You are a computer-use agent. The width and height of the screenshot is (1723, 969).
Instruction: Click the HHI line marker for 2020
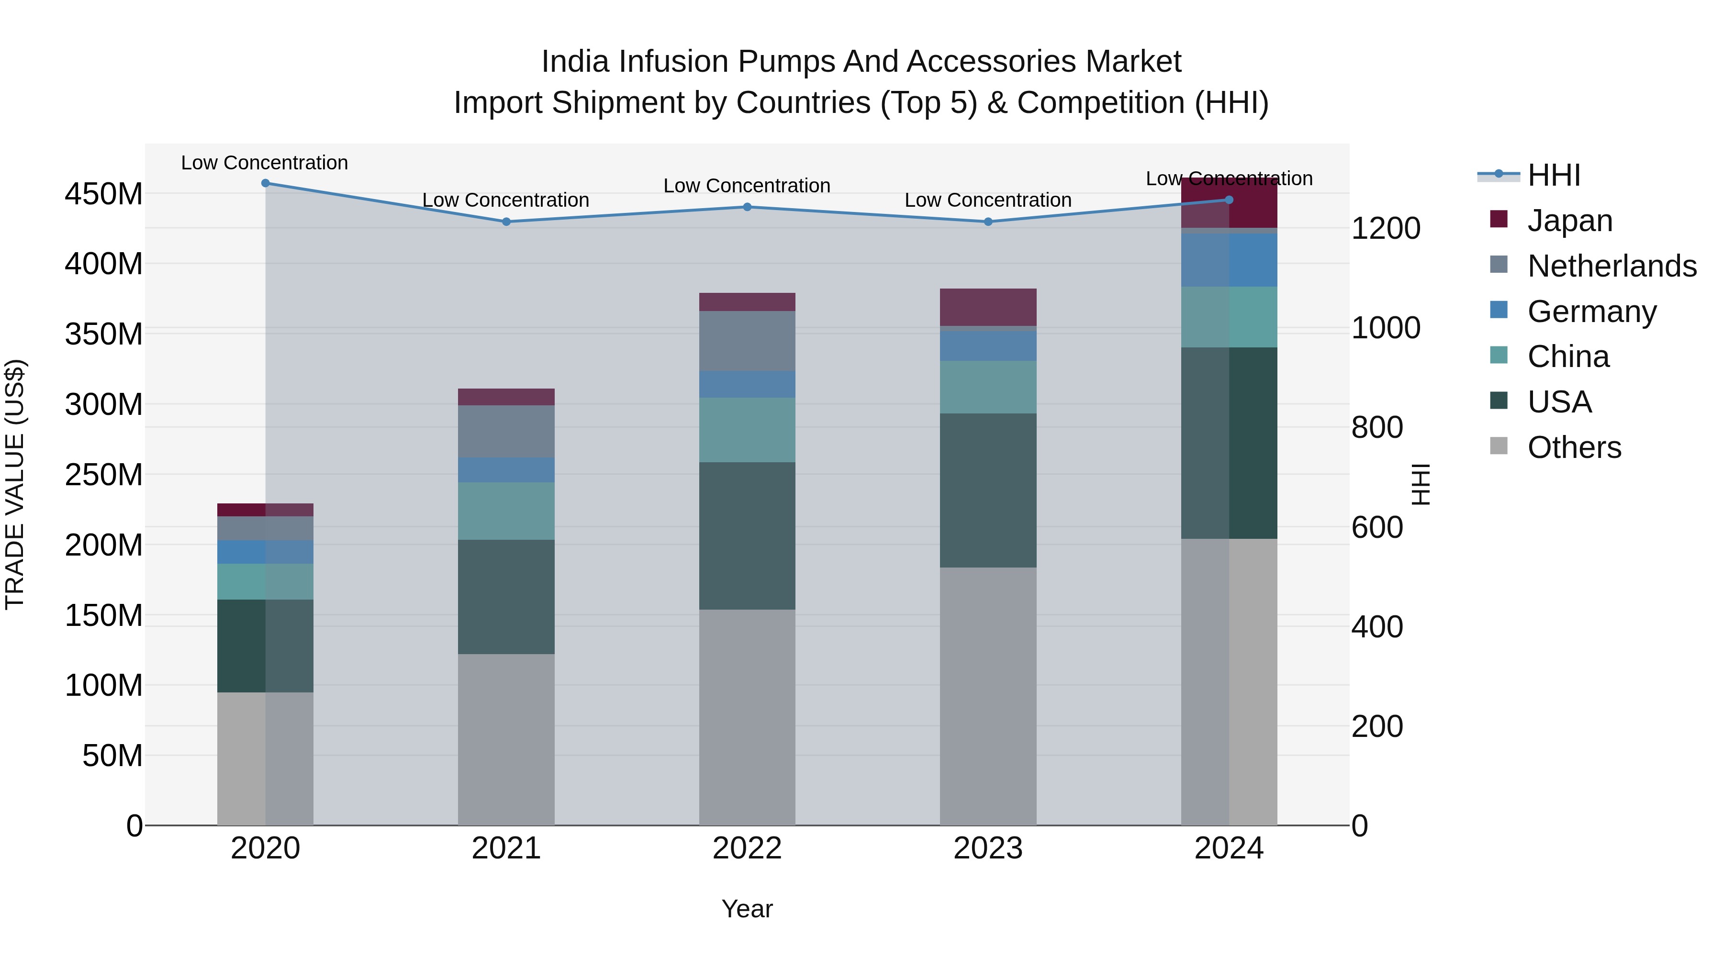(266, 183)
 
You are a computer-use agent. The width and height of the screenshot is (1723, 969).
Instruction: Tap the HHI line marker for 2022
(747, 207)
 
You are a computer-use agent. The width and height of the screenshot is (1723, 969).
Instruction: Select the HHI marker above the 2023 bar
(988, 222)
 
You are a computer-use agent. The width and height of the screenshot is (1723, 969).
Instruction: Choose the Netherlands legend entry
(1611, 266)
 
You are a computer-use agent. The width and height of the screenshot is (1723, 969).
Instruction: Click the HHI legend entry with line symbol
(1554, 175)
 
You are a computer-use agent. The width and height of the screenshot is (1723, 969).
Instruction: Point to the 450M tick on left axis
(104, 194)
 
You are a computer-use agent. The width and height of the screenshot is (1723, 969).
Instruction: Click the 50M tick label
(112, 756)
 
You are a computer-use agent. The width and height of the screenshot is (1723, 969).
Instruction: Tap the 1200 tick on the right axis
(1385, 228)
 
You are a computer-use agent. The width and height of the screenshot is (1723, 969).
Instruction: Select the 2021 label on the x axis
(506, 848)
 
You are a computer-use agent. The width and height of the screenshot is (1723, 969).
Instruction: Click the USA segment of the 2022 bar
(747, 535)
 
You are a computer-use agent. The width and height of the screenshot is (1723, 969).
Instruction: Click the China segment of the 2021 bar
(506, 511)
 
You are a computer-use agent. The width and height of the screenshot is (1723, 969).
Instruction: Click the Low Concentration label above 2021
(506, 200)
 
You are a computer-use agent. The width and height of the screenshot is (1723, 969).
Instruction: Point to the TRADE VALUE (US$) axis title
(15, 484)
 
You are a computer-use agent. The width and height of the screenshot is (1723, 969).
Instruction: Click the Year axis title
(747, 909)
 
